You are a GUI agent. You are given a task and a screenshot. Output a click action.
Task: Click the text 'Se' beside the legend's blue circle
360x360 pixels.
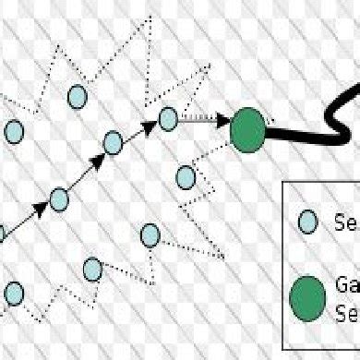[x=343, y=222]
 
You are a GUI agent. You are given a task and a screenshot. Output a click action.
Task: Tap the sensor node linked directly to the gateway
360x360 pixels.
[x=167, y=118]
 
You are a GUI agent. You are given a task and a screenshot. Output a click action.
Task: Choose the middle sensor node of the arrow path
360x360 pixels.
[x=114, y=143]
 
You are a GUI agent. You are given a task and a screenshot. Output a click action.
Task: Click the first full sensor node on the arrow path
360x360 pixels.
[x=59, y=198]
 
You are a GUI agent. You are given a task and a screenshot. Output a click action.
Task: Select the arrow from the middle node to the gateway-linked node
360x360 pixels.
[x=140, y=130]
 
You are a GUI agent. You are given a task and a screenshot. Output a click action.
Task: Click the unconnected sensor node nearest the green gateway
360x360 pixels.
[x=186, y=174]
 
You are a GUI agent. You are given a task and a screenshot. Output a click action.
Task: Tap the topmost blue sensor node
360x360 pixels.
[x=78, y=95]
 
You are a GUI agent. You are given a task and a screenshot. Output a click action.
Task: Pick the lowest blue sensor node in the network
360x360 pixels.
[x=13, y=294]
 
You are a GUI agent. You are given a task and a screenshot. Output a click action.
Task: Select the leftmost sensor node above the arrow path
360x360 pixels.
[x=13, y=132]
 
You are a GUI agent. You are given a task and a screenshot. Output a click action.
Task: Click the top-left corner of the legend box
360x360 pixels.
[x=282, y=182]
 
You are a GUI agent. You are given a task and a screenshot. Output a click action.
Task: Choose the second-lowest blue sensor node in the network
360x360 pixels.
[x=92, y=269]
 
